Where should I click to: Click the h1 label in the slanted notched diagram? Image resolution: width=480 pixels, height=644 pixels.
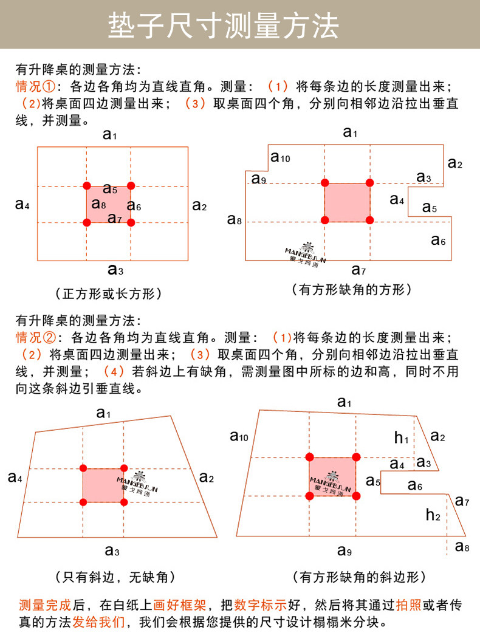[x=401, y=437]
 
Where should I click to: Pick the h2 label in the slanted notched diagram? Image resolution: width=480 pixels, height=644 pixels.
[x=433, y=515]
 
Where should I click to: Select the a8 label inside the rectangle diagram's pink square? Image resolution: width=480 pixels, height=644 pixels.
[x=98, y=204]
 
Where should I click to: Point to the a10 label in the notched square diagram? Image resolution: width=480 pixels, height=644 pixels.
[x=281, y=158]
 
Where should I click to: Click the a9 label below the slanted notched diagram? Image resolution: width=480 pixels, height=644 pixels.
[x=345, y=551]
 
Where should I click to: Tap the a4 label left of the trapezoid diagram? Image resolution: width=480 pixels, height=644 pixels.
[x=16, y=477]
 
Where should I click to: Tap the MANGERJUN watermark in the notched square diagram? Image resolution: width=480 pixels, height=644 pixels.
[x=306, y=253]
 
